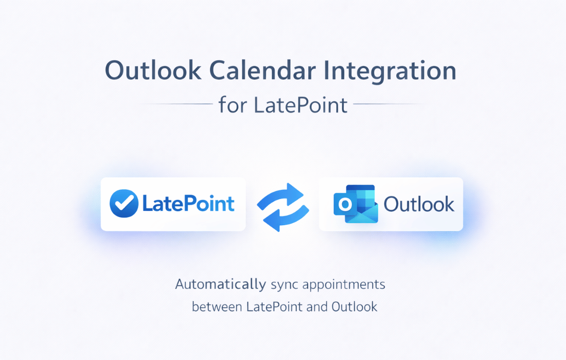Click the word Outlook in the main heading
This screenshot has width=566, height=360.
point(153,70)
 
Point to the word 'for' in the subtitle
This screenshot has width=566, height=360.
point(233,105)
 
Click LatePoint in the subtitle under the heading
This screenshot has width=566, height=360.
point(300,105)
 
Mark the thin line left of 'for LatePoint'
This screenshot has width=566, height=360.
point(176,104)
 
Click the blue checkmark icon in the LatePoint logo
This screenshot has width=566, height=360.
point(124,204)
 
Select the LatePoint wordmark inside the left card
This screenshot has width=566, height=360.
point(188,203)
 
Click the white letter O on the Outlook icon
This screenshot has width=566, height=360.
point(345,205)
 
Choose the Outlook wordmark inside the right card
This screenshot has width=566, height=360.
point(419,204)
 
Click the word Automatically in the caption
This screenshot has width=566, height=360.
point(221,284)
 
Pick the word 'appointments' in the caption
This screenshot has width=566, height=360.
point(344,285)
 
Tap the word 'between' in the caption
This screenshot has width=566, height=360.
point(217,307)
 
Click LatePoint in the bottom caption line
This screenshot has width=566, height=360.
point(274,307)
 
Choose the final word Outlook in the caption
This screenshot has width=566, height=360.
point(355,307)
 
